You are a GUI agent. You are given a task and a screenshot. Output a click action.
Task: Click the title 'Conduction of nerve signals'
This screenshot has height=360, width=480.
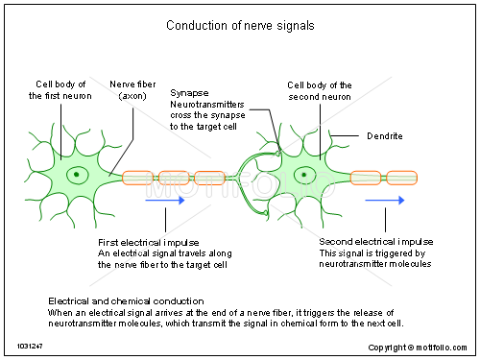pos(239,25)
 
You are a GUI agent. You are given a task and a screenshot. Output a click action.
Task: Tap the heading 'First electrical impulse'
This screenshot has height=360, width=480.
pos(146,241)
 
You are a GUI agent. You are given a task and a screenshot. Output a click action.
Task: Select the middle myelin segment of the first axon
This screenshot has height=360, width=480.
pos(174,178)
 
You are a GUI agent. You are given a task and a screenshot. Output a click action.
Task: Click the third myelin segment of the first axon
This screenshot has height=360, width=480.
pos(210,178)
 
